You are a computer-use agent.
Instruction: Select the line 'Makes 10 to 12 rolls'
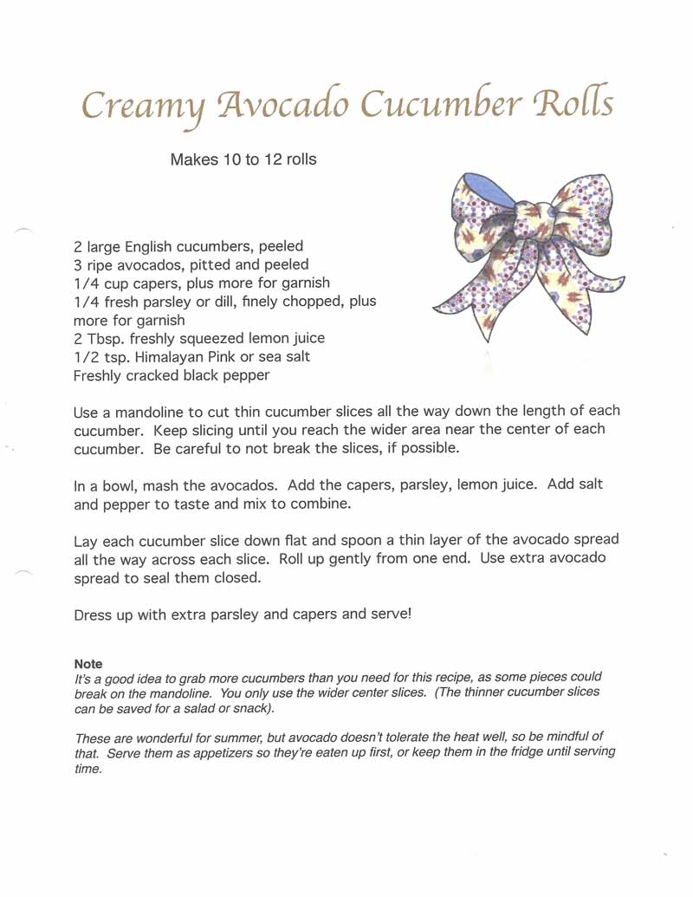[243, 159]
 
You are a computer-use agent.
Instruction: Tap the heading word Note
[88, 663]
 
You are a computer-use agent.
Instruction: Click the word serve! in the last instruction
[392, 614]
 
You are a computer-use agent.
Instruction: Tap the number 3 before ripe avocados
[78, 264]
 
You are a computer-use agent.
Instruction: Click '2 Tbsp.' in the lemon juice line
[95, 338]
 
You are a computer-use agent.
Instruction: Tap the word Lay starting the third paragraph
[87, 541]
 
